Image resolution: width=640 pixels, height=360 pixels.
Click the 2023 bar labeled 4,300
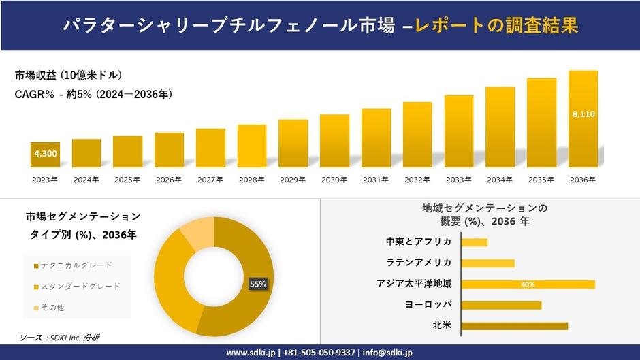(x=45, y=154)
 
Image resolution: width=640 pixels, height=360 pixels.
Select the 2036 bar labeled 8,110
(x=583, y=119)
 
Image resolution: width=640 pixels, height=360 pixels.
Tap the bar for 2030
(x=334, y=141)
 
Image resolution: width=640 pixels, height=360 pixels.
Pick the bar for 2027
(x=210, y=148)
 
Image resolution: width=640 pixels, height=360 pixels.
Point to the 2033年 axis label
(x=458, y=180)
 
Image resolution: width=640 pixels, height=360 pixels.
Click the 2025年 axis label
(x=127, y=180)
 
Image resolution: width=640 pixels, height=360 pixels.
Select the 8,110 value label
(x=583, y=114)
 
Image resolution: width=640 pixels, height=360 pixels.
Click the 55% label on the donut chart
(x=257, y=284)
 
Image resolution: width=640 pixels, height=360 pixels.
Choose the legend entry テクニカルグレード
(x=76, y=265)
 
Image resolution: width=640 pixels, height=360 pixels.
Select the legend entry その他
(x=52, y=308)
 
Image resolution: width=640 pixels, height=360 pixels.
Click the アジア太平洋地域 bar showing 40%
(x=528, y=284)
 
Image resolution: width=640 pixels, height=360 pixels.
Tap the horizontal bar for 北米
(x=514, y=326)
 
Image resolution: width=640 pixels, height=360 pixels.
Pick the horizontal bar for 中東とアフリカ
(x=474, y=242)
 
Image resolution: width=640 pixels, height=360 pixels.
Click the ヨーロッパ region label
(x=427, y=305)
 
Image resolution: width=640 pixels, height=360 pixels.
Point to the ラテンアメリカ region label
(x=418, y=263)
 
